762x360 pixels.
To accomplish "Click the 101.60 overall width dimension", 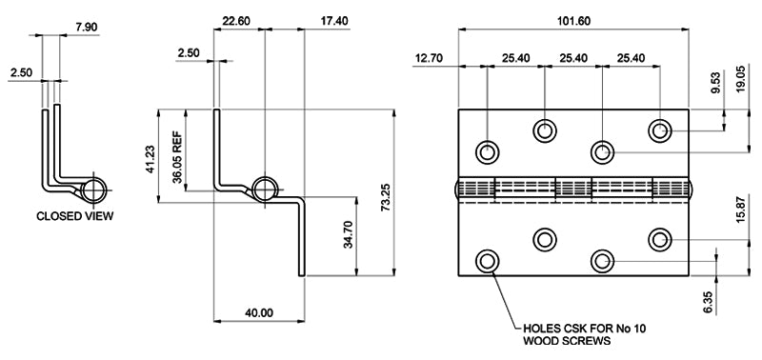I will click(x=573, y=18).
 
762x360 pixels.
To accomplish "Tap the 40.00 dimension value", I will click(x=258, y=312).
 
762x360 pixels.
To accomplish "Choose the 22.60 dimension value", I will click(x=237, y=18).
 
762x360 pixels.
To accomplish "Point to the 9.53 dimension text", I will click(x=715, y=81).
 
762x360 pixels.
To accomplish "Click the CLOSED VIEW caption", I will click(x=74, y=216).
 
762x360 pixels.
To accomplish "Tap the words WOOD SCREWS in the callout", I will click(x=568, y=339).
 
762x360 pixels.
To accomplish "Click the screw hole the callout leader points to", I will click(x=488, y=260).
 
